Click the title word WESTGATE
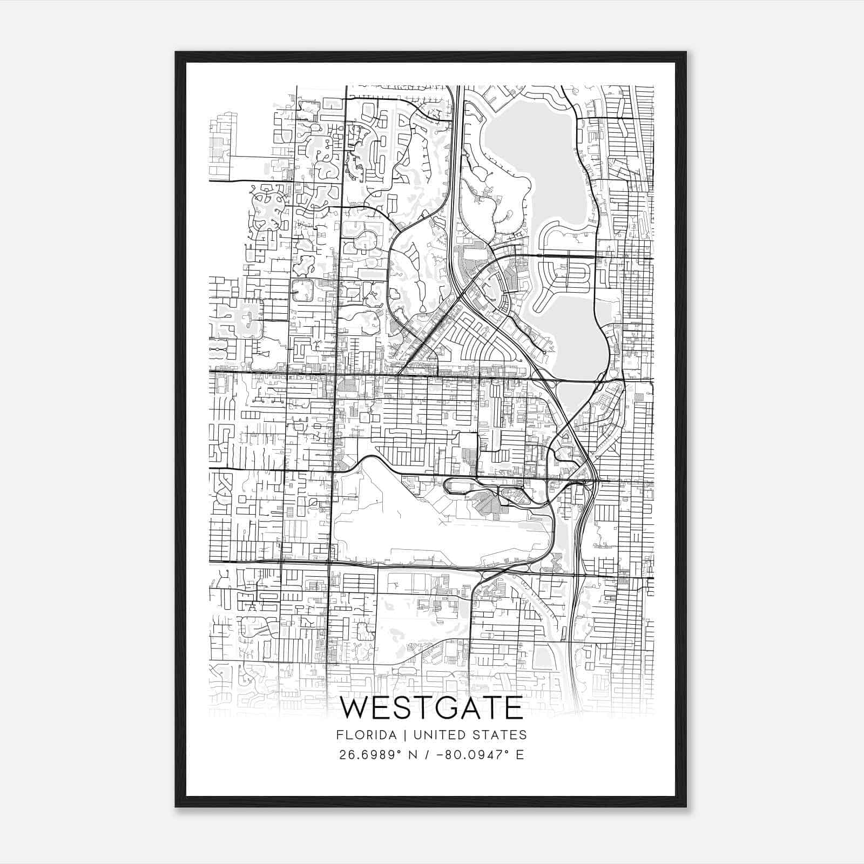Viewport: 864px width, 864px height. (x=431, y=708)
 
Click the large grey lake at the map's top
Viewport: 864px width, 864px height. (x=532, y=157)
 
